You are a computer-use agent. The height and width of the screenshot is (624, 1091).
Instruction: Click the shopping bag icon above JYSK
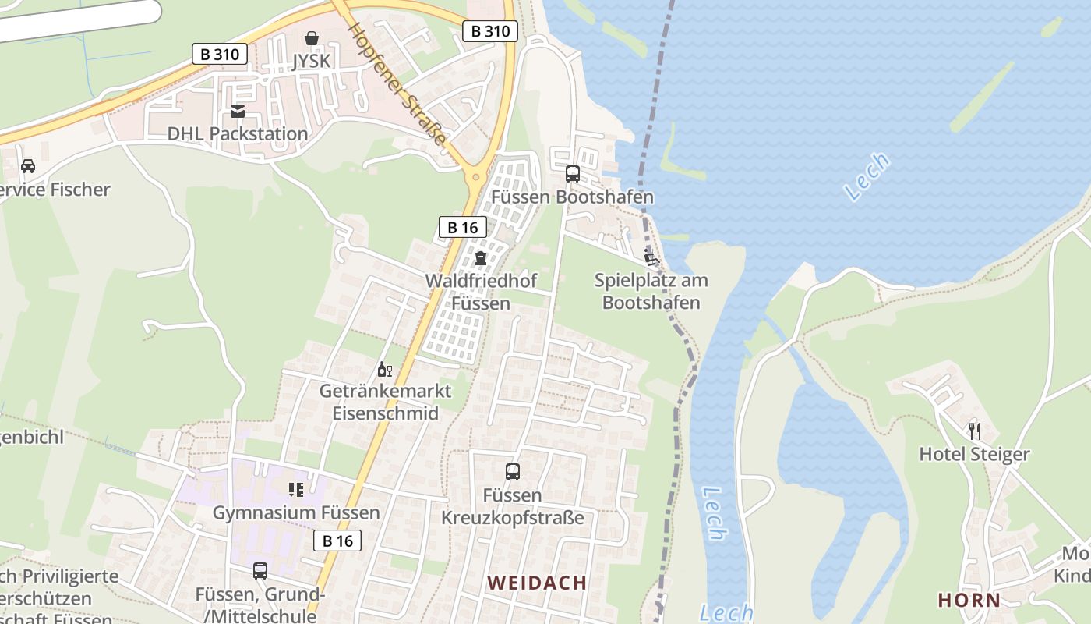(312, 37)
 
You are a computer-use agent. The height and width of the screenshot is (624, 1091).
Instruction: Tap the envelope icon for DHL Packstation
(238, 112)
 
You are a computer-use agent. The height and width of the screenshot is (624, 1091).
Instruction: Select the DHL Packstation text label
(238, 134)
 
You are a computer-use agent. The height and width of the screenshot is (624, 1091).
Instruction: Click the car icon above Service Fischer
(28, 166)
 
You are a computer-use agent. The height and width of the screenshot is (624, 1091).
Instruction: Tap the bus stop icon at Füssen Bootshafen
(573, 174)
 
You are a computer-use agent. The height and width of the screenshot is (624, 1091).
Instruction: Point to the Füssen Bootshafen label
(573, 197)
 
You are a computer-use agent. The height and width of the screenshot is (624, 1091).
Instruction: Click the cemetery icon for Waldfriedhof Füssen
(481, 258)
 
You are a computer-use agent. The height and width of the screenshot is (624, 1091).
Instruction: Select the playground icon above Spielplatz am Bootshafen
(651, 255)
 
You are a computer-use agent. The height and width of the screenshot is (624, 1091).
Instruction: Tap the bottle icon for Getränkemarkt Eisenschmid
(384, 369)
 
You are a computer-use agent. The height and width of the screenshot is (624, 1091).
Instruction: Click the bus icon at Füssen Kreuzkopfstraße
(513, 472)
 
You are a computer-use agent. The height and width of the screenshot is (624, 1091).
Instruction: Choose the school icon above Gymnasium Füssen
(296, 490)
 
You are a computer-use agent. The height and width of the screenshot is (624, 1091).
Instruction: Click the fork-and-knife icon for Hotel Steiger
(974, 431)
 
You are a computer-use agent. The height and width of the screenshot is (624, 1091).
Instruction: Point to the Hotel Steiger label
(974, 454)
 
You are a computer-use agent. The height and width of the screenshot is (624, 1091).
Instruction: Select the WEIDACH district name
(537, 583)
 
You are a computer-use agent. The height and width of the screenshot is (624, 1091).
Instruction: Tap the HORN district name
(969, 600)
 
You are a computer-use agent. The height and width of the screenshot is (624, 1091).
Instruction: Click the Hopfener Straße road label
(397, 84)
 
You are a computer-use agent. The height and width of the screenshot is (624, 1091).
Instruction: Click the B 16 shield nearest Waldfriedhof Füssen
(463, 227)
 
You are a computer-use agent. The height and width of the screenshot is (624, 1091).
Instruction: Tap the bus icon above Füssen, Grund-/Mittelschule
(260, 571)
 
